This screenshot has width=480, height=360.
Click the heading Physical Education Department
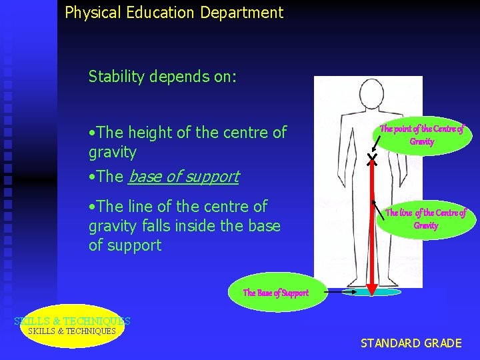tap(174, 12)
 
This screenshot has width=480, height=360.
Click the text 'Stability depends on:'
tap(162, 77)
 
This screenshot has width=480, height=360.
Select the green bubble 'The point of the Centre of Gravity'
tap(421, 135)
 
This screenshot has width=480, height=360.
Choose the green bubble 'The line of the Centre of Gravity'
tap(425, 219)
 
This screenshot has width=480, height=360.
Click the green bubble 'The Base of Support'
tap(276, 293)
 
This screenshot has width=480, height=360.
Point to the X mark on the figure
tap(372, 159)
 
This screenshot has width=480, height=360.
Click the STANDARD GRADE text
tap(411, 343)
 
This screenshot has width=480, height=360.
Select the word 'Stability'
tap(116, 77)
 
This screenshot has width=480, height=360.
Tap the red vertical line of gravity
tap(372, 220)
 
